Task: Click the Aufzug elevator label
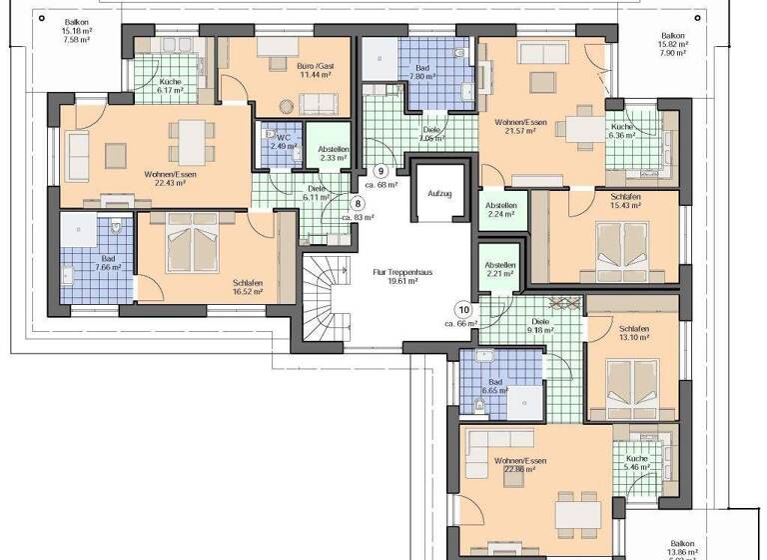click(439, 193)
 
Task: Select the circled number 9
click(381, 170)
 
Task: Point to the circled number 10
click(462, 309)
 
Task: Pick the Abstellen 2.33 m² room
click(334, 152)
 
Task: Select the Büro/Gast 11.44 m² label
click(312, 70)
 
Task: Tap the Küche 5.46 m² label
click(636, 463)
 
